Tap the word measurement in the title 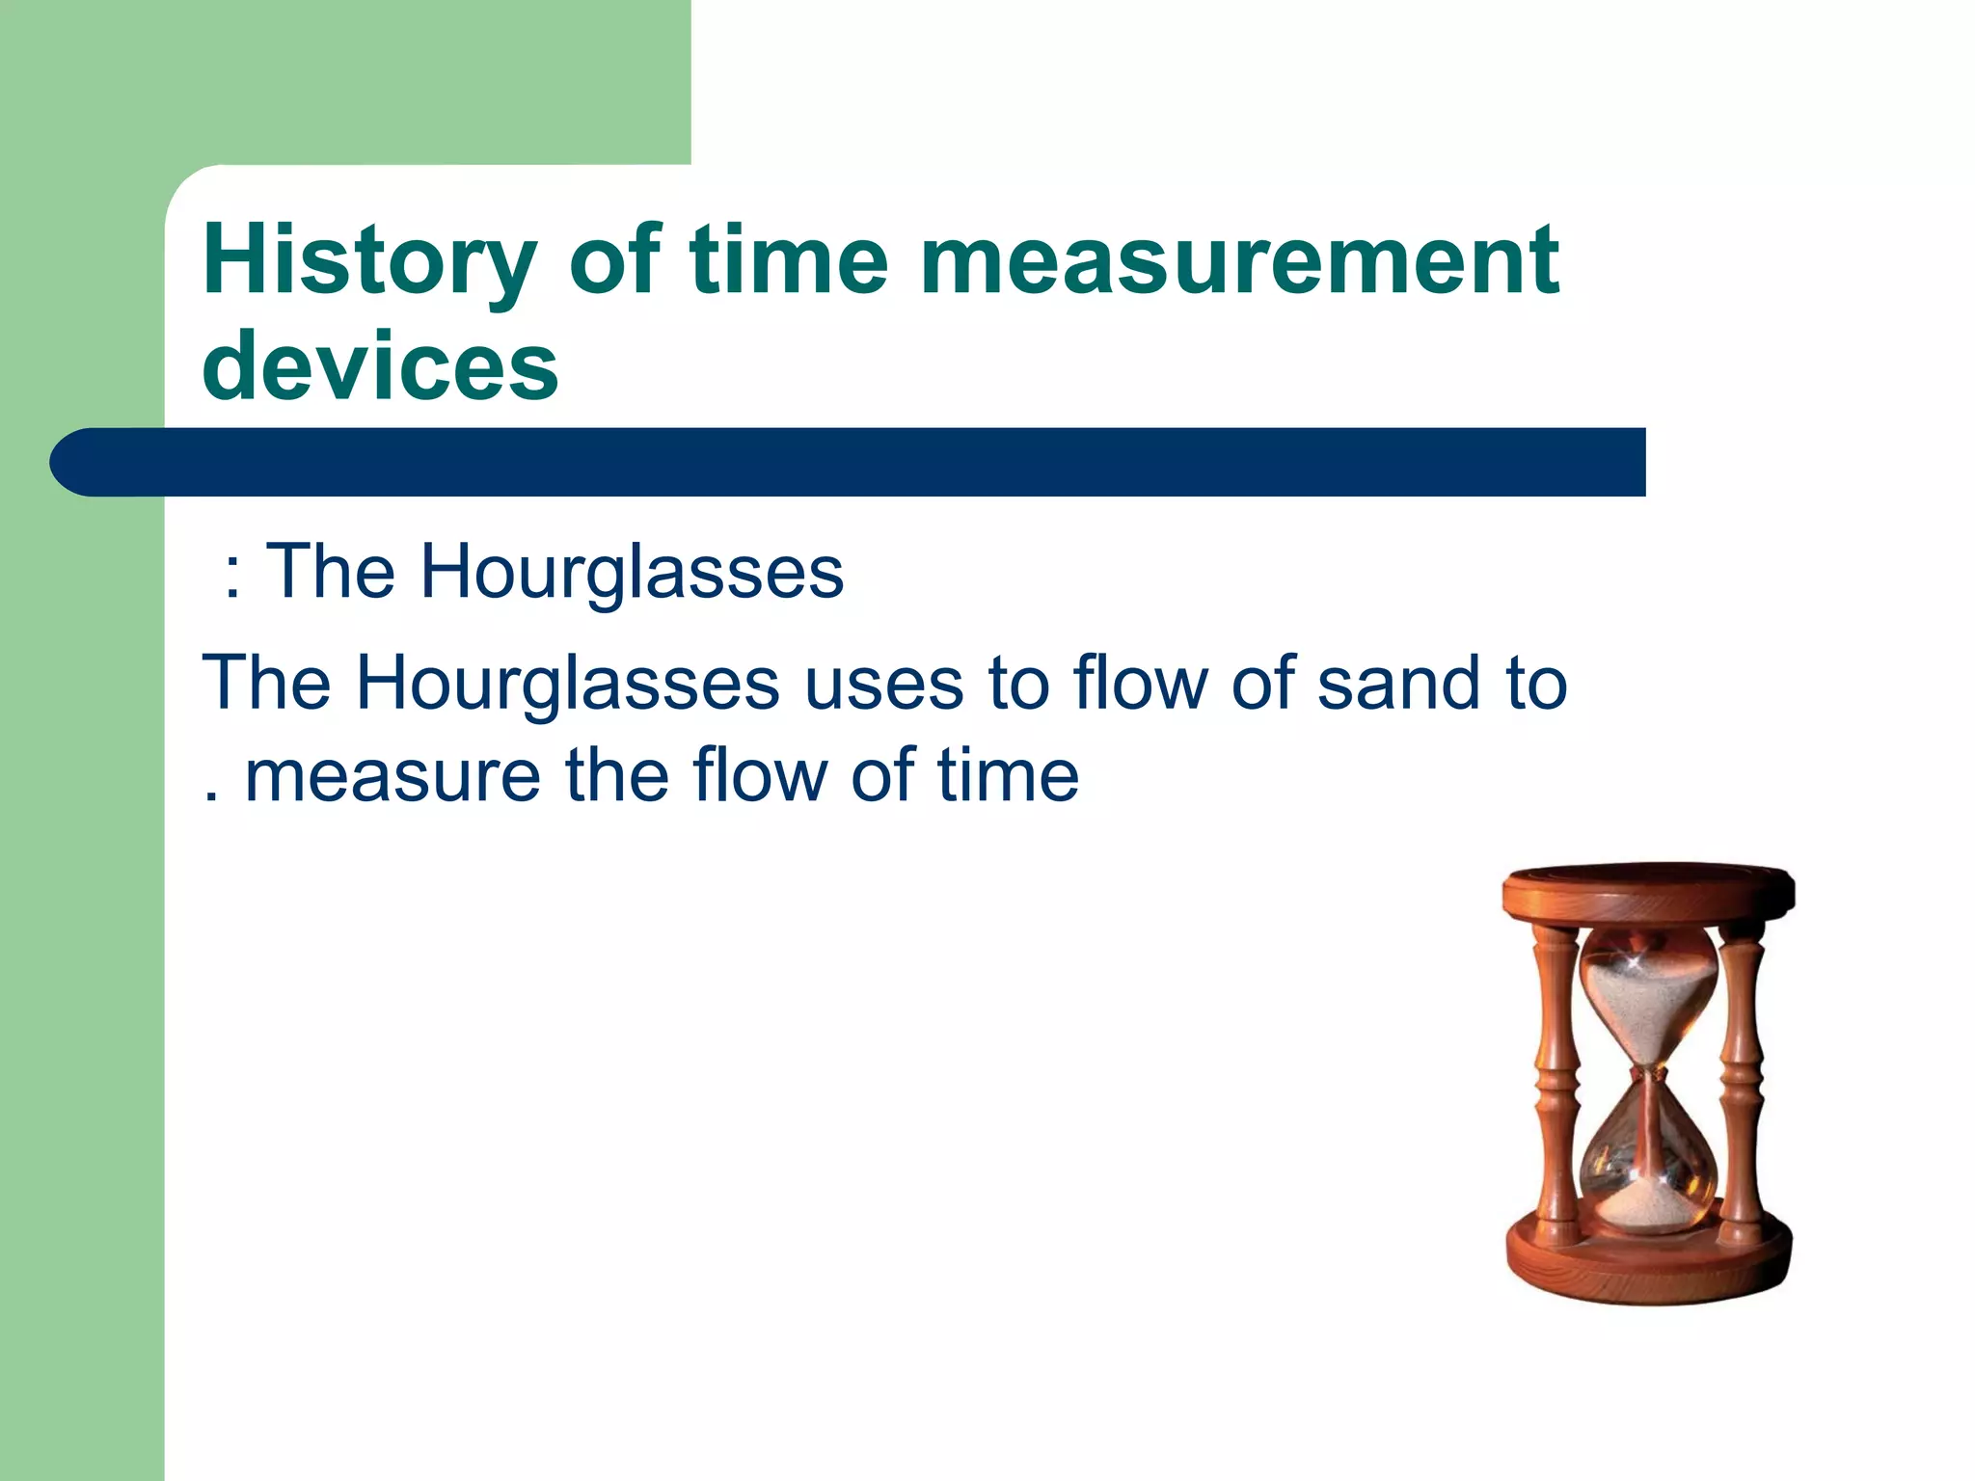1239,260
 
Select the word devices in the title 380,366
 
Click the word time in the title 788,260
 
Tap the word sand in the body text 1397,684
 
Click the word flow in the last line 761,776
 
